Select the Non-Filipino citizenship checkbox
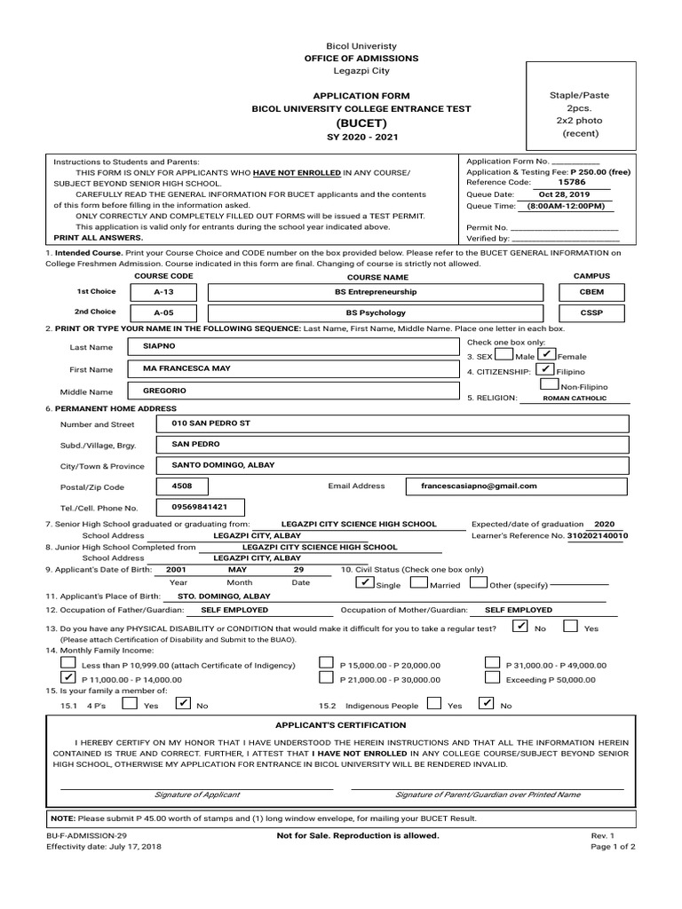[x=549, y=385]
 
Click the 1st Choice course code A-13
[x=163, y=292]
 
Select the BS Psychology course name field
[x=375, y=313]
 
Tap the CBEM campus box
[x=591, y=292]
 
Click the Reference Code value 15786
[x=567, y=182]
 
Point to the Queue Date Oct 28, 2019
[x=564, y=194]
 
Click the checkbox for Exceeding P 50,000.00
[x=493, y=677]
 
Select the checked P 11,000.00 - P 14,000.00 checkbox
[x=68, y=677]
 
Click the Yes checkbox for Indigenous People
[x=434, y=704]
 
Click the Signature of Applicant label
[x=196, y=794]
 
